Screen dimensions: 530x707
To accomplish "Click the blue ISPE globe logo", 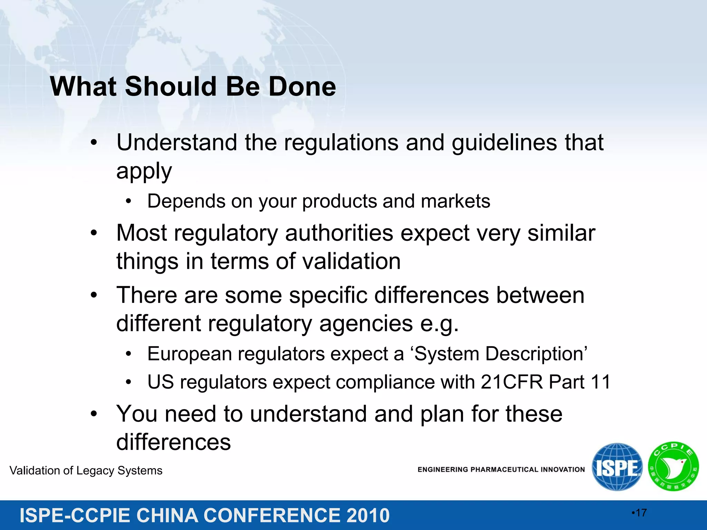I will click(x=617, y=467).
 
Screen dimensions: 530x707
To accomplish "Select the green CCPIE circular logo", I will click(x=673, y=467).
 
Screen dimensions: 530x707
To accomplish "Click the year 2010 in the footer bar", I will click(x=368, y=516).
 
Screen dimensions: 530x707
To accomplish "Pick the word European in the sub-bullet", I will click(x=190, y=354).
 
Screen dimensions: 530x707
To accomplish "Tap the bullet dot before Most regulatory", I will click(x=94, y=234).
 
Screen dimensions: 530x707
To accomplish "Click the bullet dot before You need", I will click(x=94, y=414).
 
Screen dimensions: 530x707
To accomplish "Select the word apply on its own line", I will click(x=144, y=171).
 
